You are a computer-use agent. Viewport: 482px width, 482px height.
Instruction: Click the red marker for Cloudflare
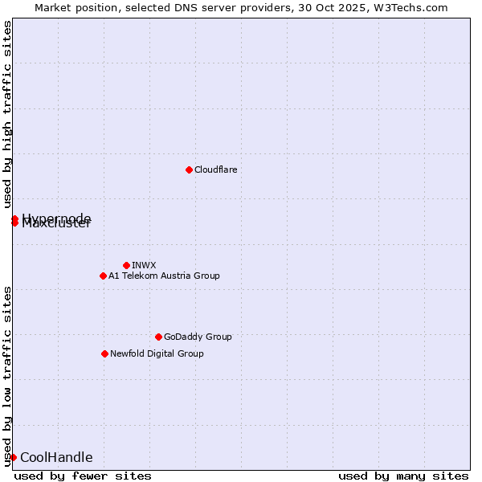(189, 170)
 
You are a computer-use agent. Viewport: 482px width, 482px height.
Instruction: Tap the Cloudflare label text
(215, 170)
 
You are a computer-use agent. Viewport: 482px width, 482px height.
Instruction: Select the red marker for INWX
(126, 265)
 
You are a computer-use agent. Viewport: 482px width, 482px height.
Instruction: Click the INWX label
(144, 265)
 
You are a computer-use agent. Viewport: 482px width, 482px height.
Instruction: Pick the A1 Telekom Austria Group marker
(103, 276)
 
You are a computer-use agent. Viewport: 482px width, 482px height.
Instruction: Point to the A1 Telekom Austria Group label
(164, 276)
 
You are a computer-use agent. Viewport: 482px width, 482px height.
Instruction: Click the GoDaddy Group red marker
(158, 337)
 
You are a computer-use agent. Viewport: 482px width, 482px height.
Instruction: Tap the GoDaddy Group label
(198, 337)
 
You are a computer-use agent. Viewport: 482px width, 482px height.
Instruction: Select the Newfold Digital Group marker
(104, 353)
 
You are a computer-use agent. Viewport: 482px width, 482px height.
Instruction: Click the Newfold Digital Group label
(157, 353)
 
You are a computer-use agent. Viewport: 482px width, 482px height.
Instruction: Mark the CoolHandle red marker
(13, 457)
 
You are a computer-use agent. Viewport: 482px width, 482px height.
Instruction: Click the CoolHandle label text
(56, 458)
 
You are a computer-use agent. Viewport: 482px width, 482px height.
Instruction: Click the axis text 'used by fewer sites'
(83, 476)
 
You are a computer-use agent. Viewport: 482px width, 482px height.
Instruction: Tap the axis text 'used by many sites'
(403, 476)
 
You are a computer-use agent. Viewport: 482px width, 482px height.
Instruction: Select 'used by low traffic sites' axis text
(8, 375)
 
